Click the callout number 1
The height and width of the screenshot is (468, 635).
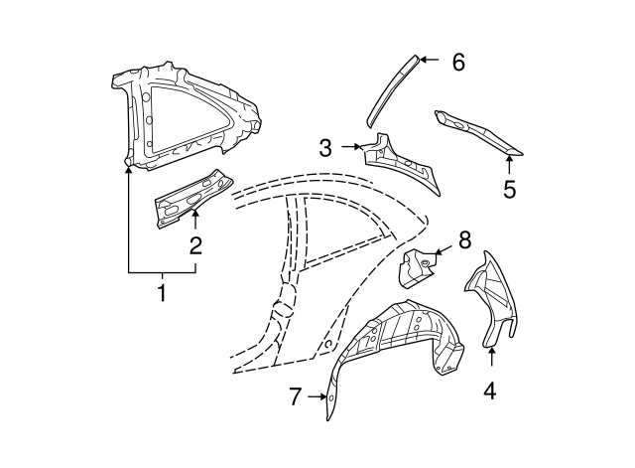[x=162, y=293]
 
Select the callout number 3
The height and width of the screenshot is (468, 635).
[x=325, y=149]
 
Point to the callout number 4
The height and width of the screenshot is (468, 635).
[x=489, y=390]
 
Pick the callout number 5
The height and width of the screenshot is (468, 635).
[x=509, y=188]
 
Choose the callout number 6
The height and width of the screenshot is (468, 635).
[x=457, y=62]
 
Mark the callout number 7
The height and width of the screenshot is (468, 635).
[x=295, y=397]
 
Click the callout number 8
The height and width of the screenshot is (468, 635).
[x=464, y=239]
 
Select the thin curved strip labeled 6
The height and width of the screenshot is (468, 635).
[x=393, y=89]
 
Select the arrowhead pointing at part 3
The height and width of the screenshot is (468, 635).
[x=362, y=147]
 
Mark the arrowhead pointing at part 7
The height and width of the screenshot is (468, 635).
[x=326, y=397]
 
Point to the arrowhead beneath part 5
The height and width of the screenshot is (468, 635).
[x=509, y=159]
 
